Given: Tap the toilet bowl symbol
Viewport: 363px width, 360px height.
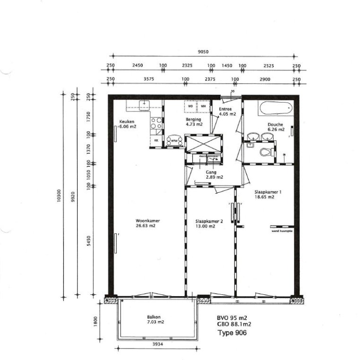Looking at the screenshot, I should pos(267,152).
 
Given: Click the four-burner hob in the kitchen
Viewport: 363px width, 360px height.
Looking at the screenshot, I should pos(156,125).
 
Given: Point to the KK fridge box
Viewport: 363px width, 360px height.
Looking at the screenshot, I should pos(156,141).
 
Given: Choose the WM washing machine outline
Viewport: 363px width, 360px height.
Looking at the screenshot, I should pos(204,106).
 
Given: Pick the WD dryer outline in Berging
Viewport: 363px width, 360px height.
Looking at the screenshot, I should pos(190,106).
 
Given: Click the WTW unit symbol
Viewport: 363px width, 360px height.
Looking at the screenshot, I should pos(173,141).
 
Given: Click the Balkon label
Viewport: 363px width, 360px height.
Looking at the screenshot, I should pos(154,317).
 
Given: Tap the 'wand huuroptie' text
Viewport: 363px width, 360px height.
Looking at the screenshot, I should pos(282,231).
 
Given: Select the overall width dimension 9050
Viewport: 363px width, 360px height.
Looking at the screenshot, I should pos(203,51).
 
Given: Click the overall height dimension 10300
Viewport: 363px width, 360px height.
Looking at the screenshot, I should pos(59,196).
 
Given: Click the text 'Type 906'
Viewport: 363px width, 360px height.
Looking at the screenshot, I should pos(232,333).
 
